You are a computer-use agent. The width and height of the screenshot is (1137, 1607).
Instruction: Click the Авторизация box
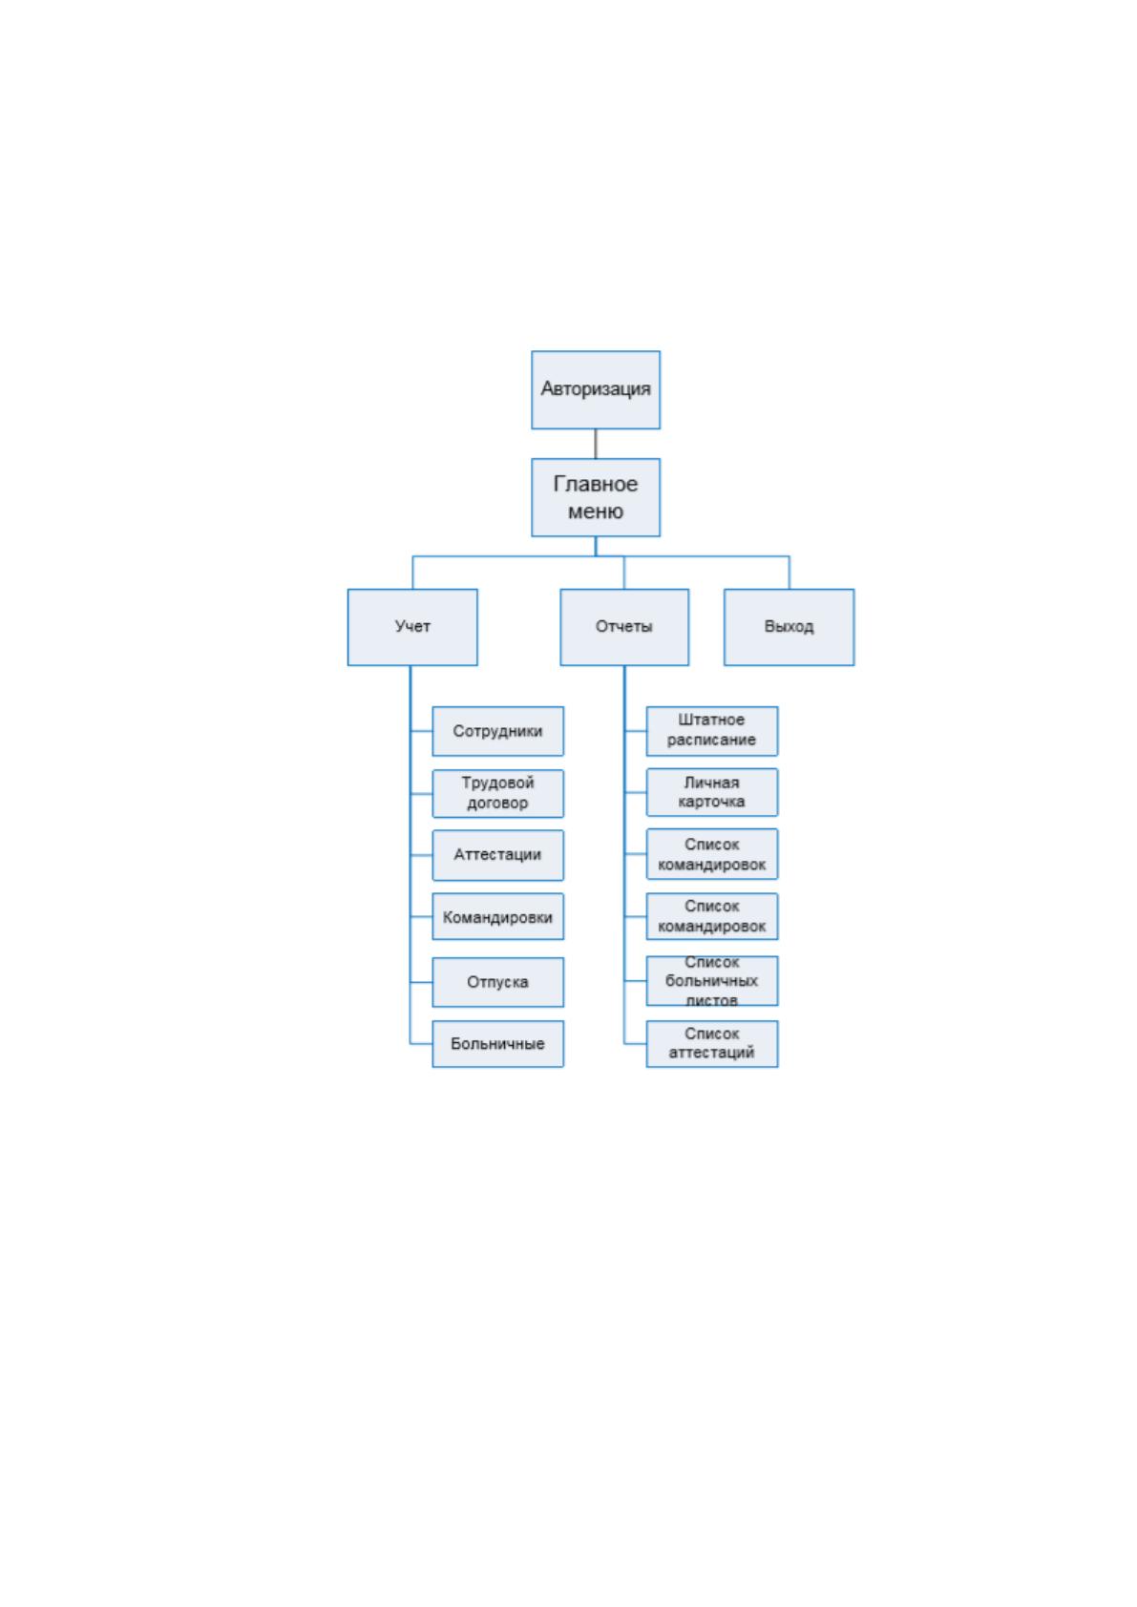595,389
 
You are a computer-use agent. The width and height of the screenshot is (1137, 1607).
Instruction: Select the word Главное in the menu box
595,484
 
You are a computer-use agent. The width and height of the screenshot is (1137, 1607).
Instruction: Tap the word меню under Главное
595,511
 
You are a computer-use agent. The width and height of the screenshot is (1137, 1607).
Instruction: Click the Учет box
412,627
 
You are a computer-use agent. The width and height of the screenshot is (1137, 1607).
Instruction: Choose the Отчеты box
623,627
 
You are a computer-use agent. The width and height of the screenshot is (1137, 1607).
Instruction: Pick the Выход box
789,627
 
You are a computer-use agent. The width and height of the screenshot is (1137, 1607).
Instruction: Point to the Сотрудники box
497,731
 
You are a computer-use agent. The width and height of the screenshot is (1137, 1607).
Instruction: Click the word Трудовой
497,783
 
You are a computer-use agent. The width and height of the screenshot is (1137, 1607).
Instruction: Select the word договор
497,803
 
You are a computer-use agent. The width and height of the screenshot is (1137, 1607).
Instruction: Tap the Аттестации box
497,855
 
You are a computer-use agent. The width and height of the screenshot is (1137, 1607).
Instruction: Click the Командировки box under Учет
497,916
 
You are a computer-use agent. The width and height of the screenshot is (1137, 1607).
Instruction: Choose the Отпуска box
497,981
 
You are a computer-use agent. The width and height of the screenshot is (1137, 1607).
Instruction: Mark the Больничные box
497,1044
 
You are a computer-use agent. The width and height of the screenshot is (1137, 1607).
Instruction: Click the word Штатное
711,720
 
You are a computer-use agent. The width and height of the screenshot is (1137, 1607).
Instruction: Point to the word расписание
711,740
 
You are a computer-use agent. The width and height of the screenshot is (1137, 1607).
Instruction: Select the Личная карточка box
711,792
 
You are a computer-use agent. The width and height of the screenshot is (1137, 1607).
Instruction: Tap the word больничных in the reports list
711,981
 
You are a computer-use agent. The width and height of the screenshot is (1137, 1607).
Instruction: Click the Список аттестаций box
711,1044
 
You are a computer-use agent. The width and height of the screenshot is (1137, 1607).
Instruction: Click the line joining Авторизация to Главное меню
595,444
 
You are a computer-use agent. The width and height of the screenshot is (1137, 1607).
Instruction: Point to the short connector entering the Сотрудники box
421,731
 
